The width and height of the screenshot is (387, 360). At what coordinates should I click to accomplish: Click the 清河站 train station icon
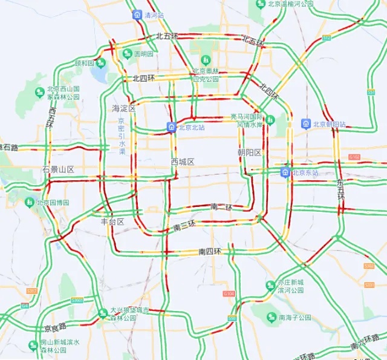[137, 15]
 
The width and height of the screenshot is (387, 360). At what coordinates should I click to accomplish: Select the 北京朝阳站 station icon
[306, 124]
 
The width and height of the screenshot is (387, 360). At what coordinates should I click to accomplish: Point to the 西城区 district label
[182, 162]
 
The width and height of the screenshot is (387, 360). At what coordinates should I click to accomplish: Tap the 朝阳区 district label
[249, 152]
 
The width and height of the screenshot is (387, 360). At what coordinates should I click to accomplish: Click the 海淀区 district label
[124, 108]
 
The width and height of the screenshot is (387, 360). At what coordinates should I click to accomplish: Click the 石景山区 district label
[58, 169]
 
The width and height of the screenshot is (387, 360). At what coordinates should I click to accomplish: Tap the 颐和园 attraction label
[84, 63]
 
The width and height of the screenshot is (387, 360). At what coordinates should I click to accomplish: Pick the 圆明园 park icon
[127, 54]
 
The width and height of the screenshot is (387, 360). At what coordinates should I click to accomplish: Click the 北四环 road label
[144, 78]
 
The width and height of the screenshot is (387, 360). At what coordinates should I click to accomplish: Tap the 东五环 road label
[340, 189]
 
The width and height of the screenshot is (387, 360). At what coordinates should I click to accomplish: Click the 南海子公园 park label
[294, 317]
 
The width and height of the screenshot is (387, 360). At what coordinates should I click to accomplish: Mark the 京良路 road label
[55, 328]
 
